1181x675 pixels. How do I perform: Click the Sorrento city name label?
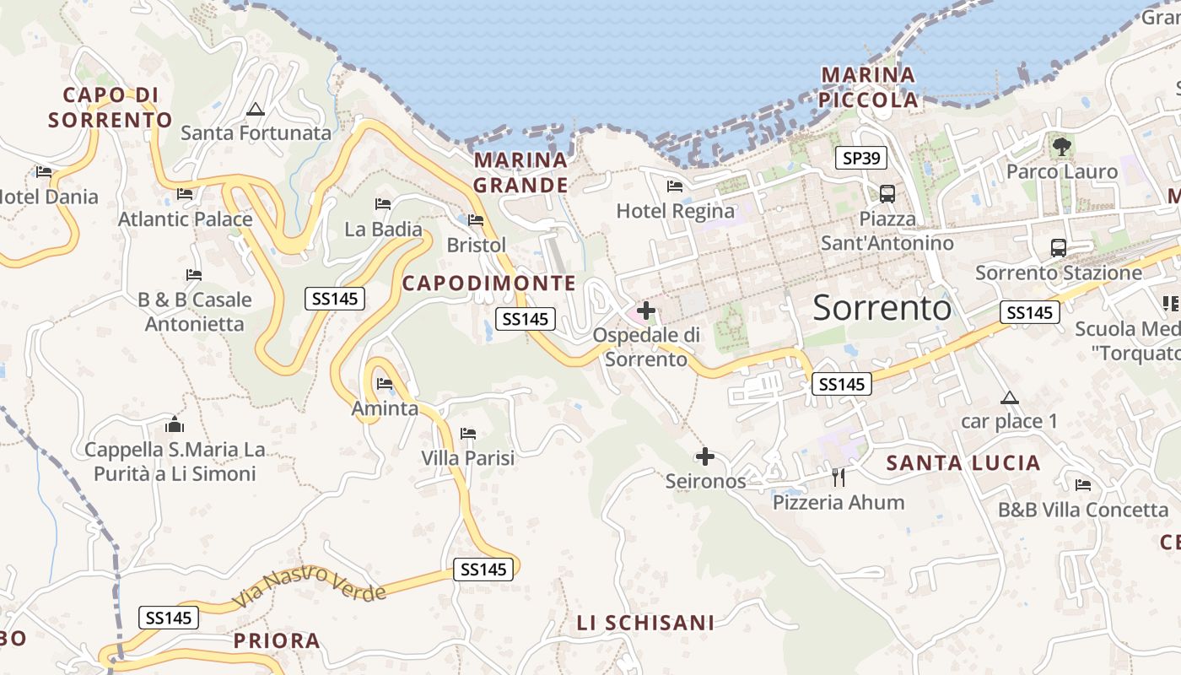[x=882, y=308]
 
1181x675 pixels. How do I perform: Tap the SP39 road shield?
[x=859, y=157]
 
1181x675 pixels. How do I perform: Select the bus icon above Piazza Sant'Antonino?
[x=887, y=193]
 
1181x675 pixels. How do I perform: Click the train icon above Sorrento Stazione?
[x=1058, y=248]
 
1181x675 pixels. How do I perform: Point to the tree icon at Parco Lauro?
[x=1061, y=147]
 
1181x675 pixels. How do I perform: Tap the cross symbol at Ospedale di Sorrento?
[x=646, y=310]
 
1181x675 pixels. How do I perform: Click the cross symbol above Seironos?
[x=705, y=457]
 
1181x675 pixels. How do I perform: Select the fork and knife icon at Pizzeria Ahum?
[x=838, y=478]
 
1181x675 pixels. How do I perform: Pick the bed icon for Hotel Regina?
[x=674, y=186]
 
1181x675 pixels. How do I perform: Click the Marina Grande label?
[x=520, y=172]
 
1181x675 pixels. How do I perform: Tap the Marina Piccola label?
[x=869, y=87]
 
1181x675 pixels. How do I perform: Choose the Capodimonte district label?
[x=488, y=283]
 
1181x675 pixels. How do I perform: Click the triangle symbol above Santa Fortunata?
[x=255, y=109]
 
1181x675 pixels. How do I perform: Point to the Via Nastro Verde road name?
[x=310, y=586]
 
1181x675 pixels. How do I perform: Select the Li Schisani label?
[x=645, y=623]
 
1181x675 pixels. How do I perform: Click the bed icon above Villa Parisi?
[x=468, y=434]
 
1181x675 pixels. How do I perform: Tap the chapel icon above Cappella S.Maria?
[x=175, y=424]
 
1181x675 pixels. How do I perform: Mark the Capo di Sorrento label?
[x=111, y=107]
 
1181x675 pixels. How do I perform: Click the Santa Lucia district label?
[x=963, y=462]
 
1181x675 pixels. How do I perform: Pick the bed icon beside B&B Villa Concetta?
[x=1083, y=485]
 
